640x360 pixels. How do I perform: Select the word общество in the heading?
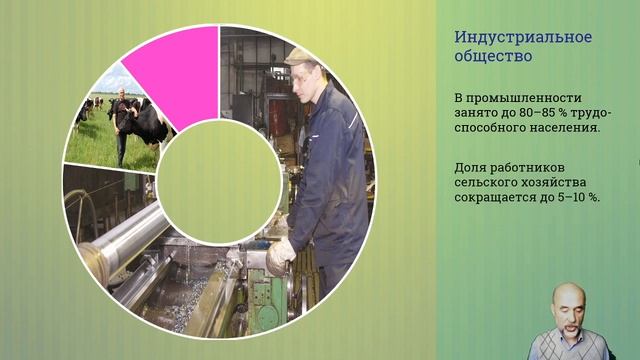click(x=492, y=57)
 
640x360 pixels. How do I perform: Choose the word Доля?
click(x=471, y=164)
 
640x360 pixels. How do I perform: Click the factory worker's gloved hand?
click(x=280, y=254)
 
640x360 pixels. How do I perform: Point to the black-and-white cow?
click(x=150, y=124)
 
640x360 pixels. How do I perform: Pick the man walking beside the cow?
click(x=123, y=120)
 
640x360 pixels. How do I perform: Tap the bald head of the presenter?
click(x=571, y=294)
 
